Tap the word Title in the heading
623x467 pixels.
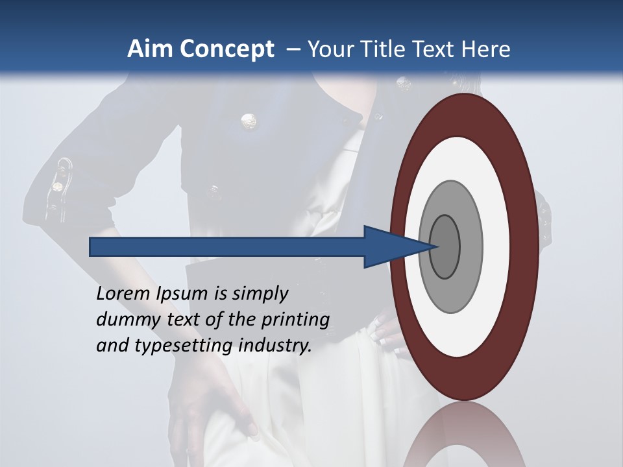click(385, 49)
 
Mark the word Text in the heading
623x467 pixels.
click(435, 49)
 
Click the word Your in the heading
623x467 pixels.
click(328, 49)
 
